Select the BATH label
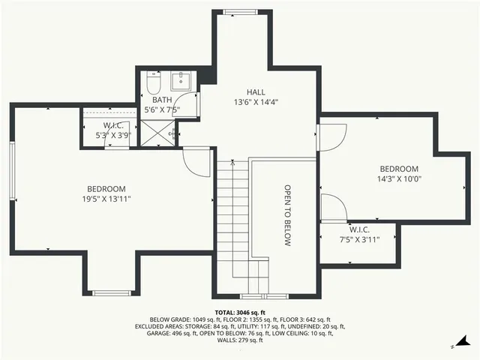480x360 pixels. (162, 100)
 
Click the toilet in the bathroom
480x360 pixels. (151, 80)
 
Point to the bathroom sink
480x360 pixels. (183, 80)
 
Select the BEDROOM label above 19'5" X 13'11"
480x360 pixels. (106, 189)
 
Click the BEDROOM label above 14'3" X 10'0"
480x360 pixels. (398, 169)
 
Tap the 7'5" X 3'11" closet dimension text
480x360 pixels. (359, 239)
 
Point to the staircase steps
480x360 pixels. (232, 217)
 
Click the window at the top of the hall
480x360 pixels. (241, 11)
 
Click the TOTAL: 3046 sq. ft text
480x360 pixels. (240, 312)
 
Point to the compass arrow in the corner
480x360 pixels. (454, 346)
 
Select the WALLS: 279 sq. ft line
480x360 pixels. (240, 341)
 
